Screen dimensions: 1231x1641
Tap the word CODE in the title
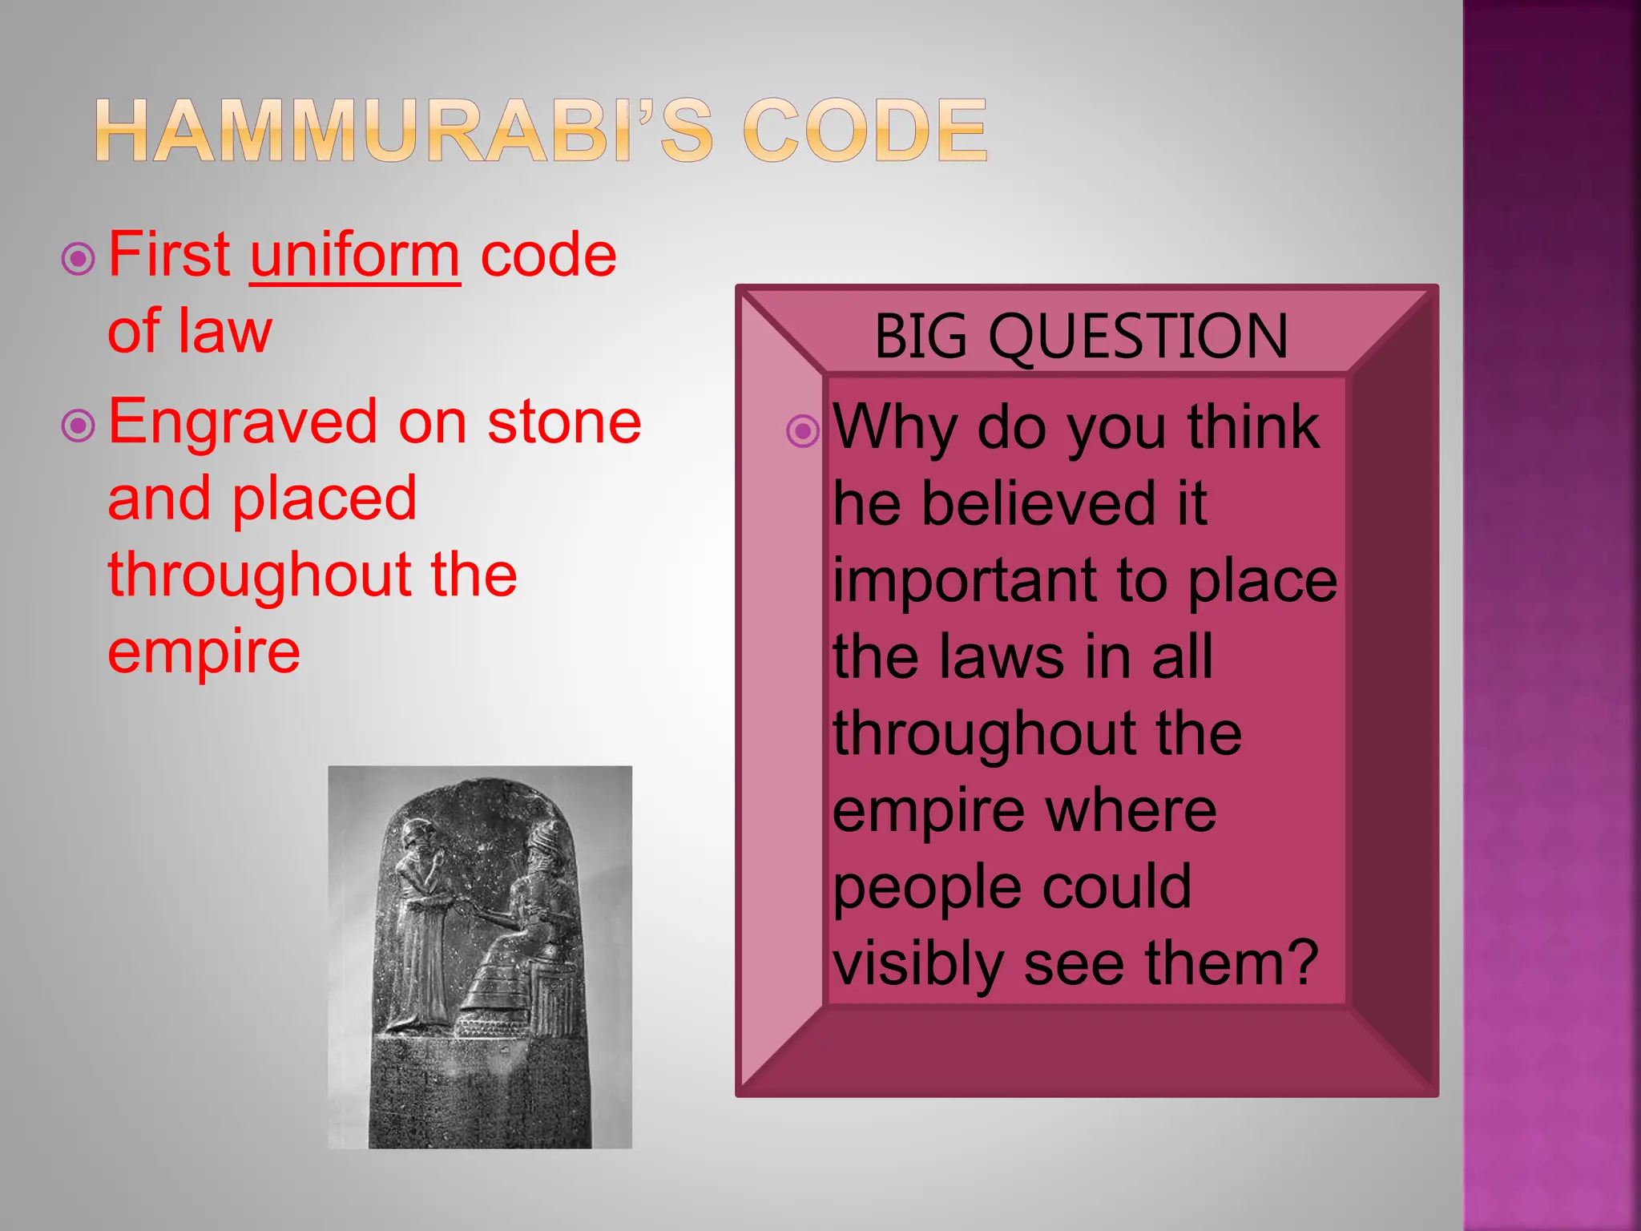(x=865, y=131)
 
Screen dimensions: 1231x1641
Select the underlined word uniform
(x=355, y=255)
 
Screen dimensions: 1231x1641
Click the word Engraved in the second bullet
(x=242, y=423)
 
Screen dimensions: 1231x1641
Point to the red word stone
(x=564, y=422)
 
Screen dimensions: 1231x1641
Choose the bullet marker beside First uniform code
(x=79, y=259)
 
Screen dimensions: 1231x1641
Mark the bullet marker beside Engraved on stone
(x=79, y=426)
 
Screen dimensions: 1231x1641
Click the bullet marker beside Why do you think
(x=803, y=431)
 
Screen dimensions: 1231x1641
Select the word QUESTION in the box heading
(x=1138, y=337)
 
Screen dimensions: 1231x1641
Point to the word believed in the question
(x=1038, y=503)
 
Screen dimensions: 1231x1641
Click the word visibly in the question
(x=918, y=963)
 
